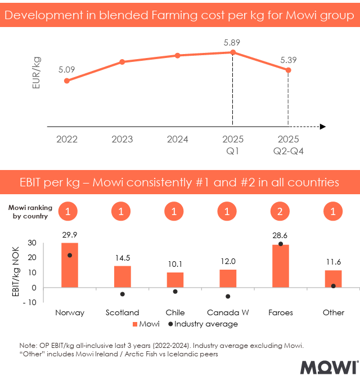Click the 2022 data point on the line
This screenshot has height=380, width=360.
[x=67, y=81]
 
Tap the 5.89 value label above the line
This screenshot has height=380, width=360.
[x=232, y=42]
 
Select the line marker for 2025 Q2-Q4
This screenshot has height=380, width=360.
[x=288, y=70]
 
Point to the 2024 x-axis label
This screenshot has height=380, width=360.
[x=177, y=139]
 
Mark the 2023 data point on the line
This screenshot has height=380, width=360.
[x=122, y=61]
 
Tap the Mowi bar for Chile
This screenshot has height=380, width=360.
[x=175, y=280]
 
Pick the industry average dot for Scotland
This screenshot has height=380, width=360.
[x=122, y=294]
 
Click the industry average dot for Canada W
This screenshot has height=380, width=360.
[x=228, y=296]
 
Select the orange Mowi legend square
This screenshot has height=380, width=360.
[x=135, y=324]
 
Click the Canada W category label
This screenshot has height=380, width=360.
[x=228, y=312]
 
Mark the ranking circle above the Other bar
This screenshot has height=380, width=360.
[x=334, y=212]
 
